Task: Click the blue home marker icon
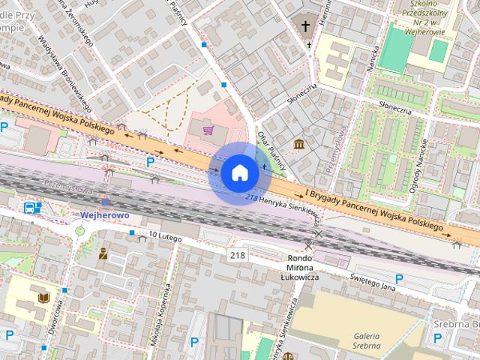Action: click(x=239, y=172)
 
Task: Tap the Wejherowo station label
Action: click(x=105, y=215)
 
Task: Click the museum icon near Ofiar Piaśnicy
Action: click(x=298, y=143)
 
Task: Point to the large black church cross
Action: click(x=305, y=27)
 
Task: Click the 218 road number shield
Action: click(x=238, y=256)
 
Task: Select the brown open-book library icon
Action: click(x=43, y=299)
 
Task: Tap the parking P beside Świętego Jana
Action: click(x=399, y=279)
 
